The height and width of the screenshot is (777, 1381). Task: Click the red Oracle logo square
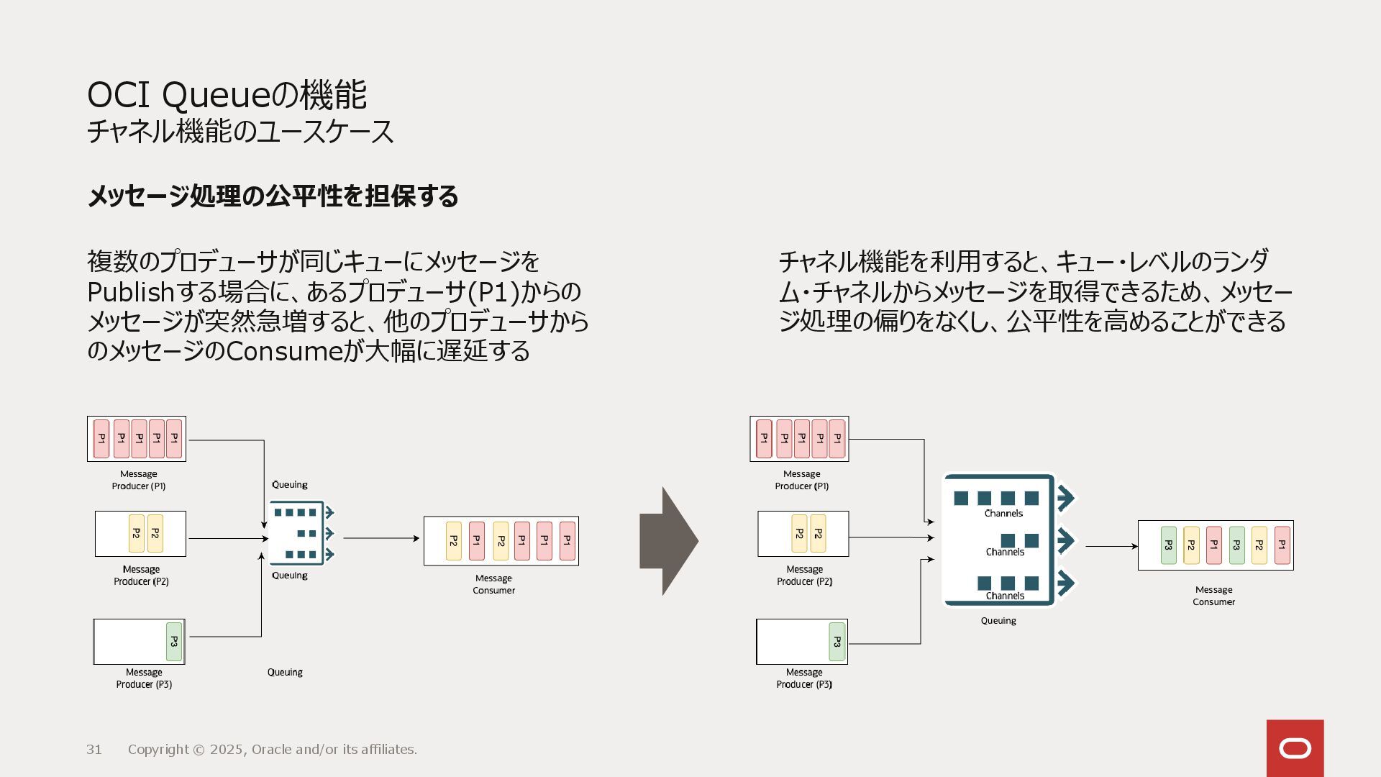point(1295,748)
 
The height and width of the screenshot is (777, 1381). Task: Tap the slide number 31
point(94,750)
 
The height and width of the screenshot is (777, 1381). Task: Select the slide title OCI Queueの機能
point(227,95)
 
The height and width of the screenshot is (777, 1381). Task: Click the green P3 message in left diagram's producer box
point(174,641)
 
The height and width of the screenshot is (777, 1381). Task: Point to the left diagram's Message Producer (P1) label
point(139,480)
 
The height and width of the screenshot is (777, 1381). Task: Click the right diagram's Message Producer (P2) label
point(804,576)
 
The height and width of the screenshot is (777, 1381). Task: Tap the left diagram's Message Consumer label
point(493,584)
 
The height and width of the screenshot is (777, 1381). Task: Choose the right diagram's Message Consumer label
point(1213,596)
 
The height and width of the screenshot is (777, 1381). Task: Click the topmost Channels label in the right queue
point(1003,514)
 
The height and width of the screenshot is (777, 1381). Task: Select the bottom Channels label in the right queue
point(1005,596)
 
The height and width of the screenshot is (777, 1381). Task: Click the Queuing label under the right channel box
point(998,621)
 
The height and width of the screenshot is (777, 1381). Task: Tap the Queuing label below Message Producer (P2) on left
point(290,576)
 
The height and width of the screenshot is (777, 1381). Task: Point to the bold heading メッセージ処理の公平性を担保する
point(273,196)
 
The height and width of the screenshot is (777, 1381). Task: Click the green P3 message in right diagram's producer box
point(837,641)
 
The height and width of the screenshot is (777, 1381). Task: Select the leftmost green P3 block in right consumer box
point(1169,545)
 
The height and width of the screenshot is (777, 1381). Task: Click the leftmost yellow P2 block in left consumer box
point(453,541)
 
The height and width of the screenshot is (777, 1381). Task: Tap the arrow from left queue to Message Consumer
point(380,538)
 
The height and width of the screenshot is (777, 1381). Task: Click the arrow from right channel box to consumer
point(1111,546)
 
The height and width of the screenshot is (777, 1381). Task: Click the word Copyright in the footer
point(158,750)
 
